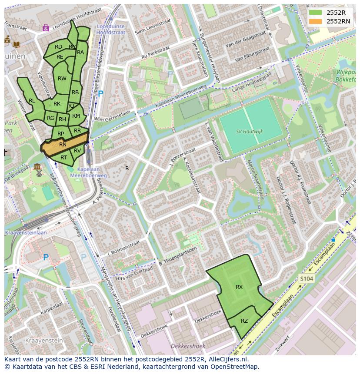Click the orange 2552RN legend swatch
point(316,21)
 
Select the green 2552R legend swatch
point(316,12)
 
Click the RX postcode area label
point(239,287)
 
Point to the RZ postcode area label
point(244,321)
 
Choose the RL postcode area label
point(32,101)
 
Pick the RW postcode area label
point(62,79)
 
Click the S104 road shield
point(306,278)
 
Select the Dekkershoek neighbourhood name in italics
point(188,346)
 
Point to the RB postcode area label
point(75,93)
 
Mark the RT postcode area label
point(64,158)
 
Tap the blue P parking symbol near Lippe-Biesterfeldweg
point(101,93)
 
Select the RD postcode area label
point(58,47)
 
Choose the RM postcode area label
point(76,116)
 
